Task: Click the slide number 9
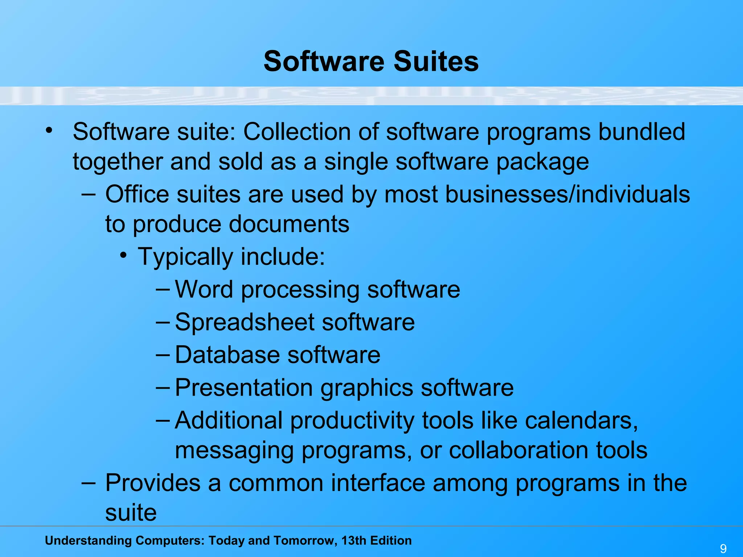pos(723,548)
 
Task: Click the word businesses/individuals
pos(567,194)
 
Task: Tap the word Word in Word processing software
pos(204,289)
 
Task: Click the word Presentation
pos(243,388)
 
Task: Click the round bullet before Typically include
pos(124,256)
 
